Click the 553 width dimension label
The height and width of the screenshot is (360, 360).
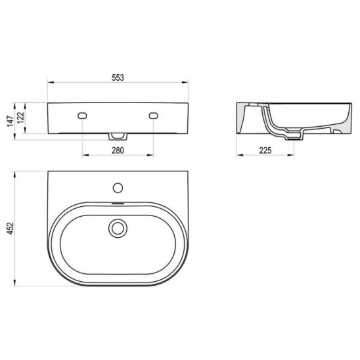coord(118,78)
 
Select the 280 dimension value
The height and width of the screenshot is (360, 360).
coord(118,150)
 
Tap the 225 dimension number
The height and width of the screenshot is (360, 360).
coord(265,150)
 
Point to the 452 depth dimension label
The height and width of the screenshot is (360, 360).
coord(11,229)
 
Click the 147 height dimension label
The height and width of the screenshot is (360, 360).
coord(11,121)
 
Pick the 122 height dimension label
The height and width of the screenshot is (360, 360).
coord(21,118)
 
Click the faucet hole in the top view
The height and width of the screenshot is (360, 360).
coord(118,188)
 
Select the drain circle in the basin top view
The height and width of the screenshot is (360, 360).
coord(118,228)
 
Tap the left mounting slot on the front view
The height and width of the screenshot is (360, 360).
coord(82,116)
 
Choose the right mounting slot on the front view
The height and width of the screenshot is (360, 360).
coord(153,116)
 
